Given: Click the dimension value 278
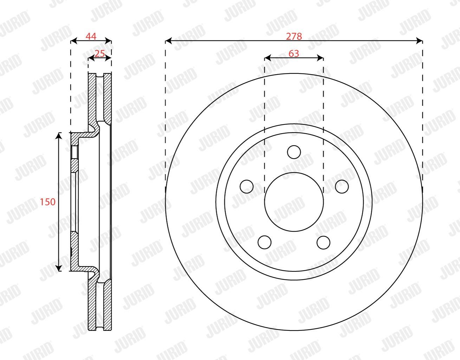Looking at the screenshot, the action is click(x=294, y=37).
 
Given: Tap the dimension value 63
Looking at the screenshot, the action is click(x=294, y=53).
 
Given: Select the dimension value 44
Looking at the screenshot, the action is click(x=91, y=37).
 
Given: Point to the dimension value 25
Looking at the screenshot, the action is click(x=100, y=53).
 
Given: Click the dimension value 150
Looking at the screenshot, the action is click(x=48, y=202).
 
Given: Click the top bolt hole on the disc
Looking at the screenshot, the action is click(x=294, y=152).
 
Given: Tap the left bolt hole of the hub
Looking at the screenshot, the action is click(x=247, y=187).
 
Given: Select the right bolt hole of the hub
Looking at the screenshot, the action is click(x=342, y=187).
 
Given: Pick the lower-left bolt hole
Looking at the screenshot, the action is click(x=265, y=242).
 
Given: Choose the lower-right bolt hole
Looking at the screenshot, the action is click(x=323, y=242).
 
